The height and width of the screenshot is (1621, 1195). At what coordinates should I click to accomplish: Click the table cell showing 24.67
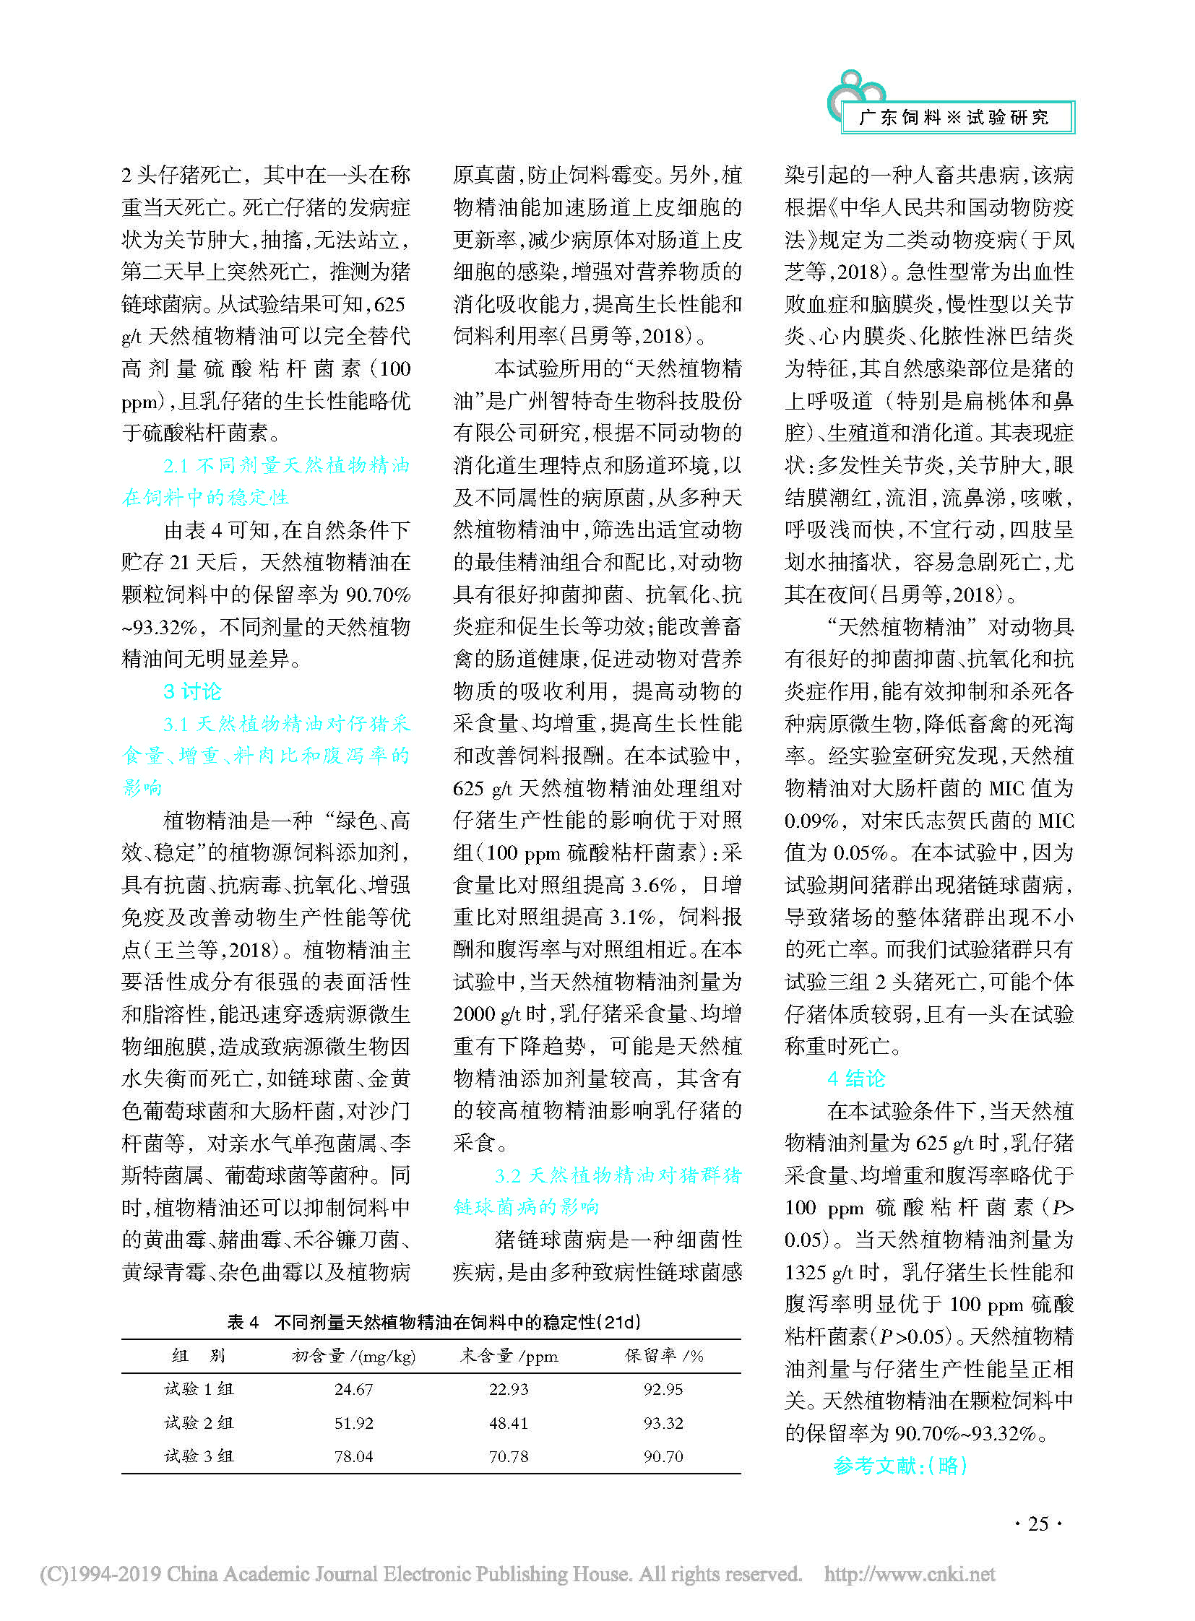tap(353, 1389)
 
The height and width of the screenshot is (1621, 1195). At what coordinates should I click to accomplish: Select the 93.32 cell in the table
tap(663, 1423)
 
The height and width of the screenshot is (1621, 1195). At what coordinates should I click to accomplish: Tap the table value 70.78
tap(509, 1456)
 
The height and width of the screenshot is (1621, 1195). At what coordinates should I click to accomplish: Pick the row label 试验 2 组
tap(199, 1423)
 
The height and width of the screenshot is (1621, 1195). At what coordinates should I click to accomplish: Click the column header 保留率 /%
tap(664, 1356)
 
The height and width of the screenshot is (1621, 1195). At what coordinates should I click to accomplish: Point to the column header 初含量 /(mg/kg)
tap(353, 1356)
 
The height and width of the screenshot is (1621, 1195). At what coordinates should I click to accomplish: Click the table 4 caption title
tap(434, 1322)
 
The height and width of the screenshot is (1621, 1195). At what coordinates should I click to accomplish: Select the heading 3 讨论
tap(192, 691)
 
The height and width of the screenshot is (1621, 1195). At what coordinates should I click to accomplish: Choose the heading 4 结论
tap(856, 1078)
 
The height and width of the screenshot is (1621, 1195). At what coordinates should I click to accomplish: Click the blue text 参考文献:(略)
tap(900, 1466)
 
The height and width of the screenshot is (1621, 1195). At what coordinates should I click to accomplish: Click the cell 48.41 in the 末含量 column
tap(509, 1423)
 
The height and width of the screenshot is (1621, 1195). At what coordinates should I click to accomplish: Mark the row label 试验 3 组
tap(199, 1456)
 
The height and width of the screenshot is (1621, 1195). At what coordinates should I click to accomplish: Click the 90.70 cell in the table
tap(663, 1456)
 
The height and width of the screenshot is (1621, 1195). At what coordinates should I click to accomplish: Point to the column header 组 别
tap(199, 1356)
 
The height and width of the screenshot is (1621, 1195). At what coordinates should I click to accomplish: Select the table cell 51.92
tap(353, 1423)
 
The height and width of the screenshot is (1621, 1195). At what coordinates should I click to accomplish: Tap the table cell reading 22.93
tap(509, 1389)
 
